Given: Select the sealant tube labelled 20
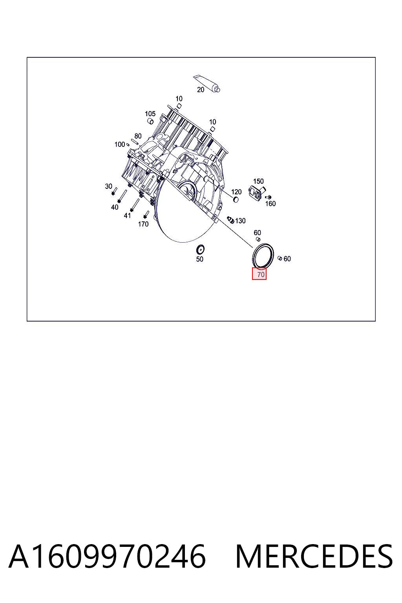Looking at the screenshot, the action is (207, 83).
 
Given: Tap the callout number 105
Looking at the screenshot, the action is (150, 113).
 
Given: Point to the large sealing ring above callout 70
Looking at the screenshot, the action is (263, 256).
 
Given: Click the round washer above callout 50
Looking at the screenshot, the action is (200, 249).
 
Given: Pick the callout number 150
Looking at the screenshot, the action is (258, 181).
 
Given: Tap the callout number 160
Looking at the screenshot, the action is (270, 203).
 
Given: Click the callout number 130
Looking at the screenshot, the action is (240, 221).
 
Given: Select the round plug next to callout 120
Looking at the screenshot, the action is (236, 199).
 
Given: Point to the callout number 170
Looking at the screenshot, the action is (143, 224).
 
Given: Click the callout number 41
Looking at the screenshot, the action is (127, 216).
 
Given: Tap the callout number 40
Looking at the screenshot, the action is (115, 207).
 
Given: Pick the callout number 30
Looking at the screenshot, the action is (108, 186).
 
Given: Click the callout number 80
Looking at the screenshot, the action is (138, 136).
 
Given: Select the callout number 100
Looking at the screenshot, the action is (120, 144).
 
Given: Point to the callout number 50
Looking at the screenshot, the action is (199, 259).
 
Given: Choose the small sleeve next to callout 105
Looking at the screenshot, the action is (150, 121).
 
